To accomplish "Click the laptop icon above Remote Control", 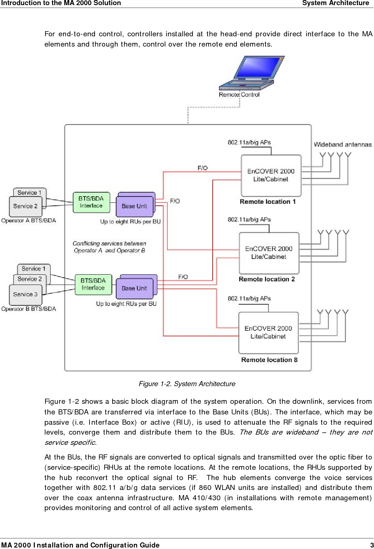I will [x=251, y=73].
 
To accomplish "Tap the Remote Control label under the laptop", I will [x=239, y=95].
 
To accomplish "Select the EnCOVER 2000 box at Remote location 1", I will [x=271, y=175].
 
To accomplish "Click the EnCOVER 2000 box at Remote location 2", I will [x=269, y=253].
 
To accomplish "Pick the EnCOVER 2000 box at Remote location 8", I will [x=268, y=332].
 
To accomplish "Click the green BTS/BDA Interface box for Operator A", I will [x=91, y=202].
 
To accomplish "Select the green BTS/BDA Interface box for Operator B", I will [x=93, y=284].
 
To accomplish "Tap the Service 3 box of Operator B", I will [x=25, y=294].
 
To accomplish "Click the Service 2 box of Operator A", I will [x=25, y=206].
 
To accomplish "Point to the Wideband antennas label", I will [x=342, y=144].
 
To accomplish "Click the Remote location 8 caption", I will [x=269, y=360].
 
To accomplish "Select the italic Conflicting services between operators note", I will [x=109, y=247].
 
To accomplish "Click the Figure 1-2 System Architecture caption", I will [x=187, y=384].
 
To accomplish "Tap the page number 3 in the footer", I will [x=371, y=545].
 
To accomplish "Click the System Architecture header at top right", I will [x=335, y=3].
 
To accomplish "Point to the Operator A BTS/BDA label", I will [x=29, y=220].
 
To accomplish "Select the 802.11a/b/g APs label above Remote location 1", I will [x=249, y=142].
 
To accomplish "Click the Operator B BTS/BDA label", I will [x=29, y=309].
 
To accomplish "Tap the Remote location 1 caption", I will [x=268, y=202].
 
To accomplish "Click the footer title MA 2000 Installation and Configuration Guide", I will [x=80, y=545].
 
